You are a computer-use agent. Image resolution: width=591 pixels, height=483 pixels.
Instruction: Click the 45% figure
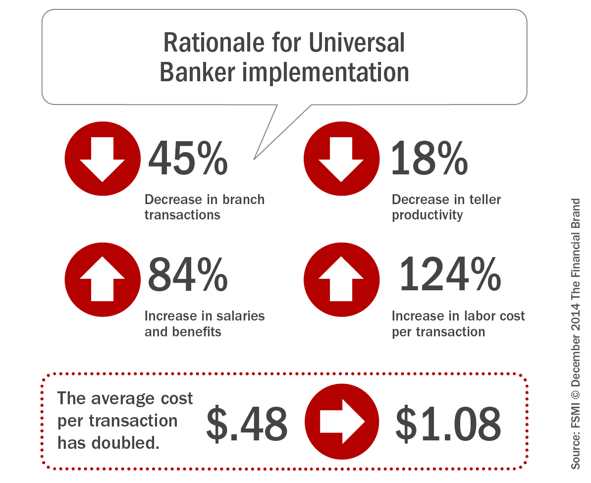tap(188, 158)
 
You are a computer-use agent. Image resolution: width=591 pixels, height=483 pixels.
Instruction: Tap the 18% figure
tap(429, 158)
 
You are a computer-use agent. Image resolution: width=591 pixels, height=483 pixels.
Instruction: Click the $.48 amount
tap(247, 425)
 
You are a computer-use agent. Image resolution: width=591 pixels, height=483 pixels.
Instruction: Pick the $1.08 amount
tap(448, 425)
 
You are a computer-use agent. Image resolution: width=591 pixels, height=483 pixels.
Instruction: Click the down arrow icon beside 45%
tap(103, 158)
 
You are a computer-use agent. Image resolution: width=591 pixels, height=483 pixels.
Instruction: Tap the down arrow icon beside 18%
tap(341, 158)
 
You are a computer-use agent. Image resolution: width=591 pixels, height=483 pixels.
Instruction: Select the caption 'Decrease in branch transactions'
tap(204, 207)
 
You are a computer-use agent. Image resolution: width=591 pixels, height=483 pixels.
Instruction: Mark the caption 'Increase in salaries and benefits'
tap(204, 323)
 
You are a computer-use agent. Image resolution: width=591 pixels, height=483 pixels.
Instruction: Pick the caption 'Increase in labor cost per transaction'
tap(458, 323)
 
